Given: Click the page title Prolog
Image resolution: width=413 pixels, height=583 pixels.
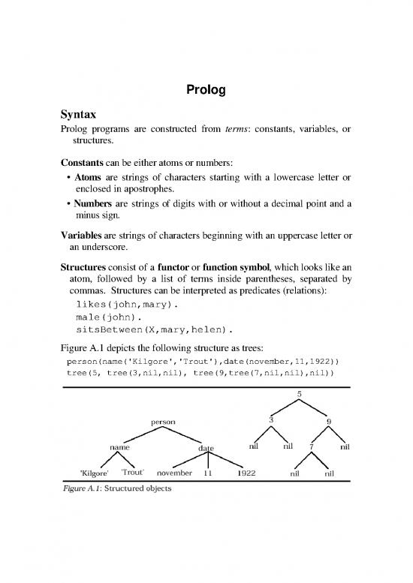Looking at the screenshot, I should point(206,92).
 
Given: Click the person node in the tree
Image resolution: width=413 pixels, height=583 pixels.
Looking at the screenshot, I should point(163,422).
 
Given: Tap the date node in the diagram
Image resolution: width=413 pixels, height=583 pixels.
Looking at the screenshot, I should point(206,449).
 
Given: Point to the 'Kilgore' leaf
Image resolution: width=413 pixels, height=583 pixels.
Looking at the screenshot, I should point(95,473).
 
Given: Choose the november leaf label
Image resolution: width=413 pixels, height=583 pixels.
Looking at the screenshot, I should point(177,473).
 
